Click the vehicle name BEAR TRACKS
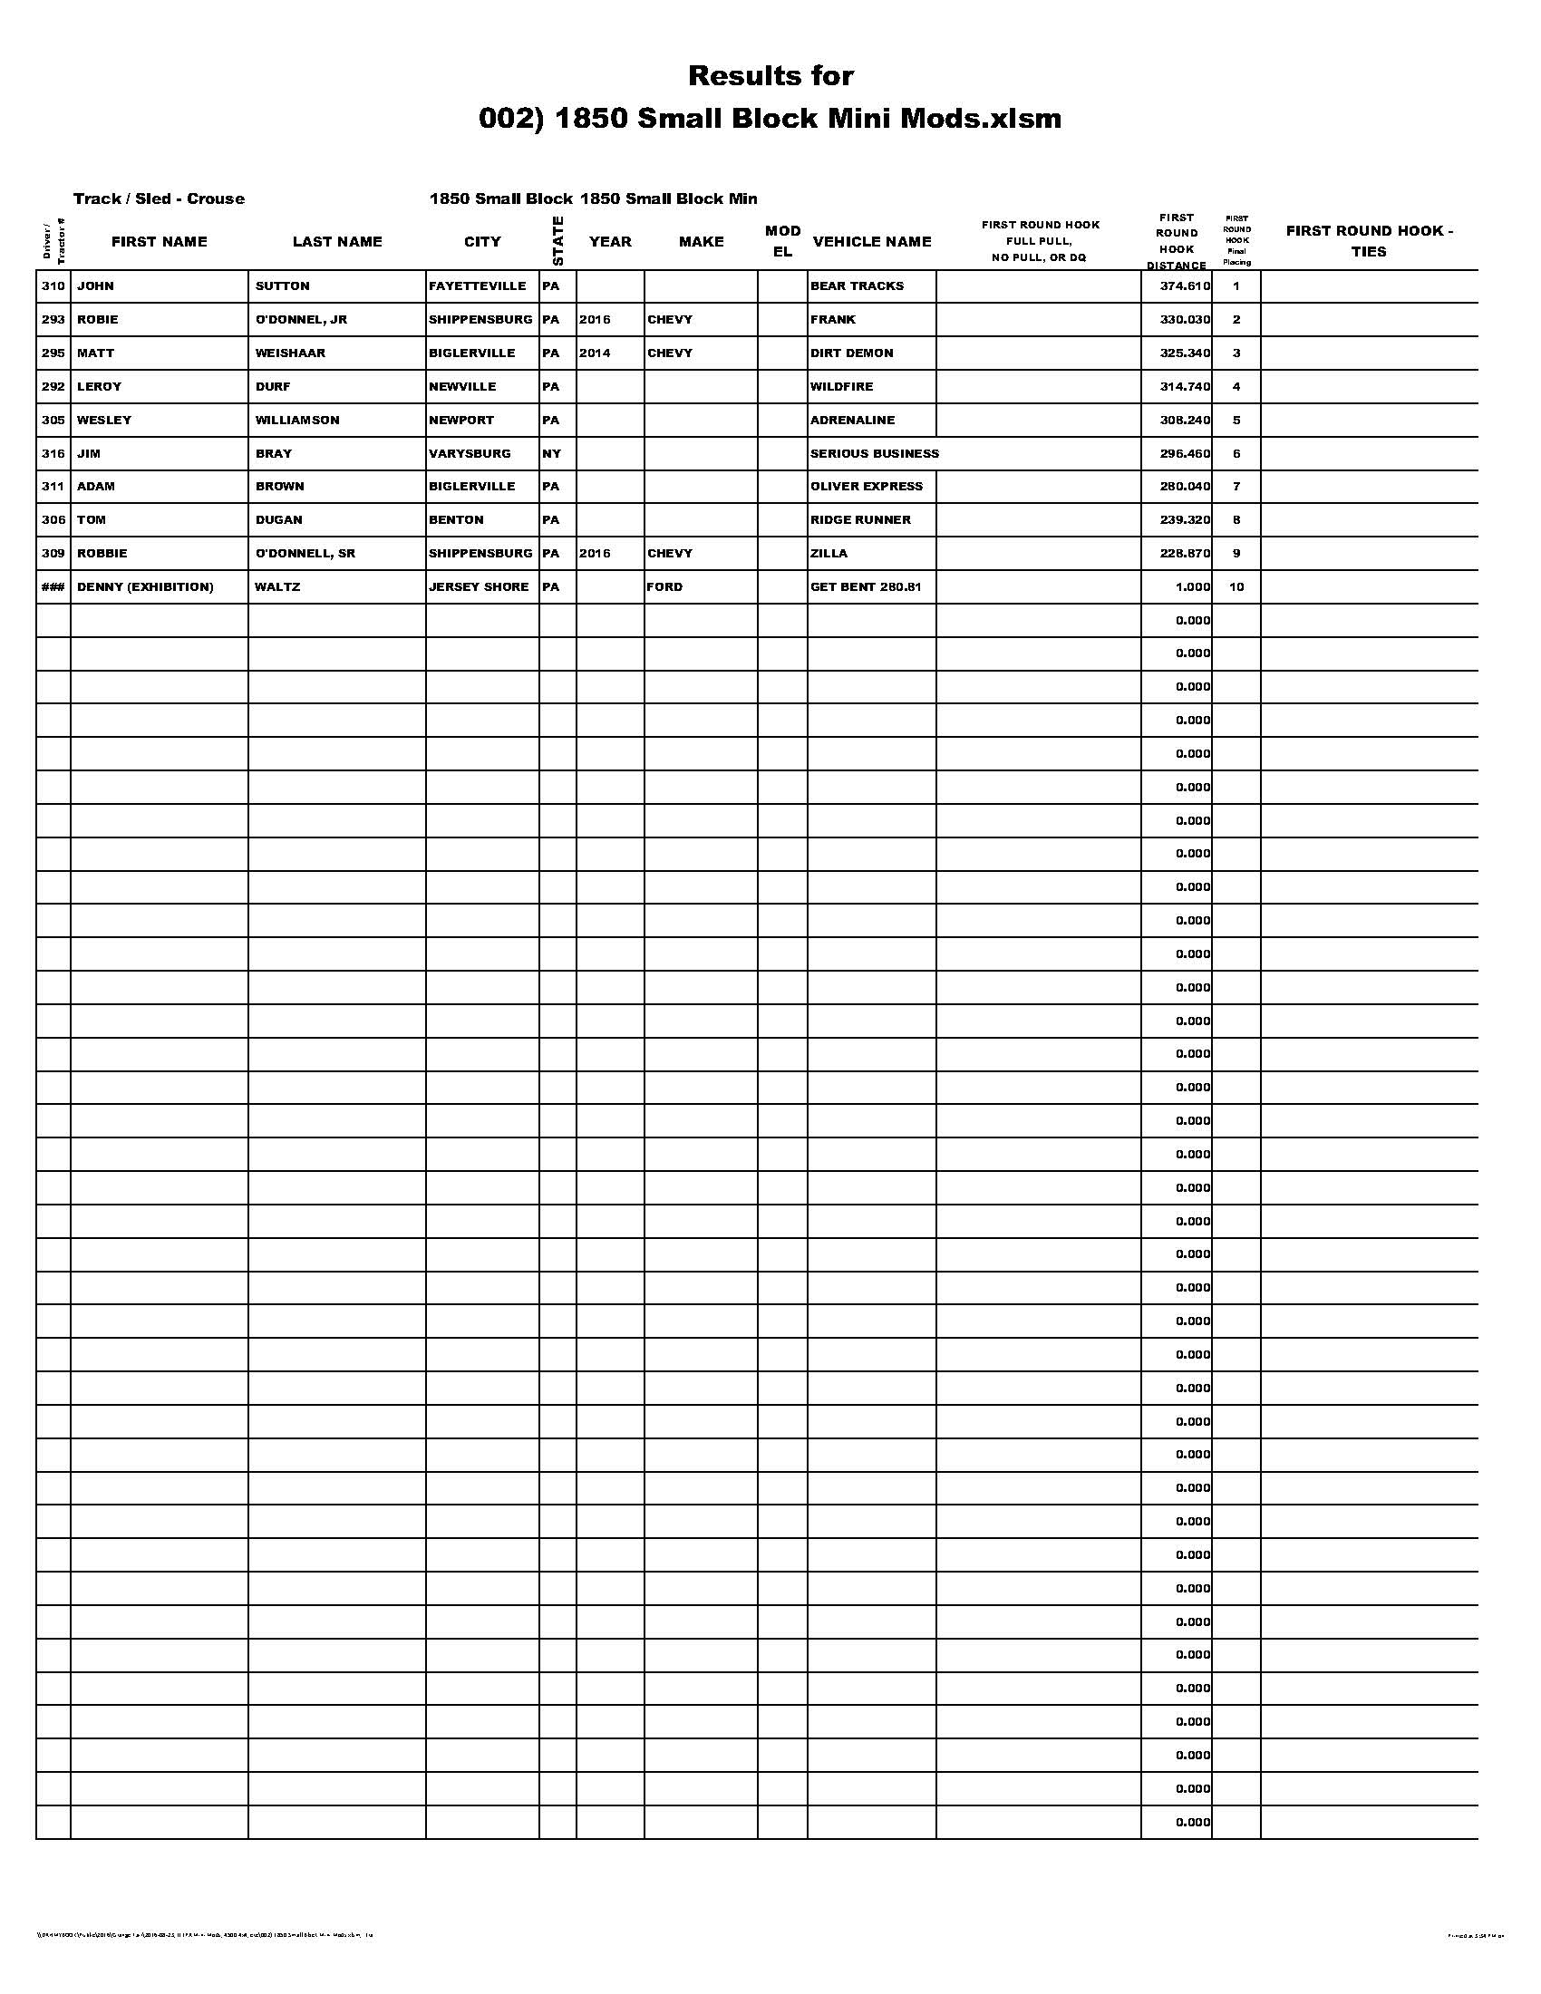857,286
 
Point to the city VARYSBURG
470,453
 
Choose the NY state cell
551,453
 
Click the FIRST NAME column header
159,241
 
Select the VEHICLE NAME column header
872,241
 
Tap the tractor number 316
53,453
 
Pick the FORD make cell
664,586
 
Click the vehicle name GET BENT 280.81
866,586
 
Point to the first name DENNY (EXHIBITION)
145,586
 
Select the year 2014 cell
595,353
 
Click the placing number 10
1236,586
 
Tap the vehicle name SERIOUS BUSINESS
874,453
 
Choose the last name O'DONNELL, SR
305,553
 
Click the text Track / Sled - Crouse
159,198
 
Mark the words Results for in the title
770,76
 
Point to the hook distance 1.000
1192,586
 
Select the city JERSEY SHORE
479,586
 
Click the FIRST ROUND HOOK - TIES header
1369,241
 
